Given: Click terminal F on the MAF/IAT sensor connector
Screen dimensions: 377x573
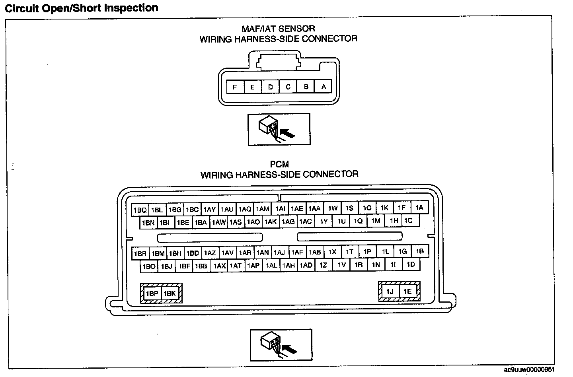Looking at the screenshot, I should (235, 87).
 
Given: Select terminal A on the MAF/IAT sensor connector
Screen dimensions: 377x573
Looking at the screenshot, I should (324, 87).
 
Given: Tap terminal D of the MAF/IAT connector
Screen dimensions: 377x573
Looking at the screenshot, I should (270, 87).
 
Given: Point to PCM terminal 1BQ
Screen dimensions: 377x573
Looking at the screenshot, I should (140, 210).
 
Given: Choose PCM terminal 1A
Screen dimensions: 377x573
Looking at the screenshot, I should (419, 208).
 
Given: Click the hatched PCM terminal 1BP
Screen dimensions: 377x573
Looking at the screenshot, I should (152, 293).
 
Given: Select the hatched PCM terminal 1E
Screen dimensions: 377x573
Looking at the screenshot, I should (407, 291).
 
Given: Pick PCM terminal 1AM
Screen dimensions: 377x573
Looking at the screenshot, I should (263, 209).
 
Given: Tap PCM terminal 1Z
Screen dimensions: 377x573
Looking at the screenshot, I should (323, 265).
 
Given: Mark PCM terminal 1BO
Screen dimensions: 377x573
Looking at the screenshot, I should (149, 266).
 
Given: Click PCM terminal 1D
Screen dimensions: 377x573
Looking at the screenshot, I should (411, 264).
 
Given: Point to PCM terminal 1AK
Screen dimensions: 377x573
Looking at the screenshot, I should (271, 222).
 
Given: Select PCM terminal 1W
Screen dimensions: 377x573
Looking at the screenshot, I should (333, 208).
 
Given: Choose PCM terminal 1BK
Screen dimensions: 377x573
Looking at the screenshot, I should (170, 293).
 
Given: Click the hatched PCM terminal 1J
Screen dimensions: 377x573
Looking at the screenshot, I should (390, 291).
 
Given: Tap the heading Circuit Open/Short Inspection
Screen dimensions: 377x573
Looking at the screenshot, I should (81, 8).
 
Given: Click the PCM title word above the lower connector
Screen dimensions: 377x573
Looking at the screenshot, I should (279, 164).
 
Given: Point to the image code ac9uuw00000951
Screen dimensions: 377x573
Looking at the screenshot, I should (529, 370).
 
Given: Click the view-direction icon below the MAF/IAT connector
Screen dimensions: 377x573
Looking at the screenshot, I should (279, 130).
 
